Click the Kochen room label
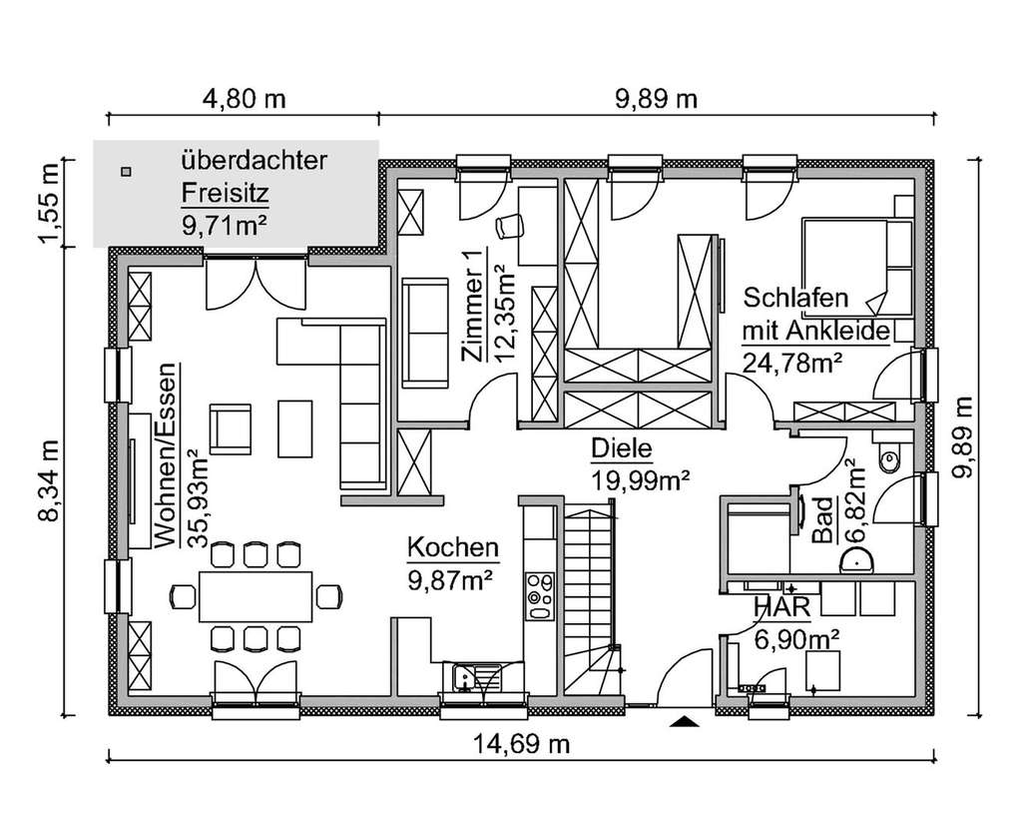tap(452, 547)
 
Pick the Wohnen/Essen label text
tap(167, 455)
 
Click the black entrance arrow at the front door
tap(683, 721)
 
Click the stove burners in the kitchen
tap(540, 595)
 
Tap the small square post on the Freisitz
tap(125, 171)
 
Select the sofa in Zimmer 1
tap(426, 332)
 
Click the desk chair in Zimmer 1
tap(508, 226)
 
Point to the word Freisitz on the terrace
tap(226, 192)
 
